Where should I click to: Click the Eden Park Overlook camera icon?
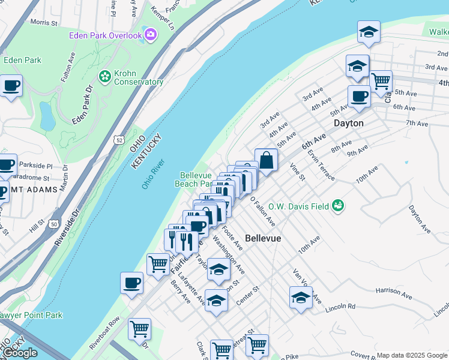click(151, 35)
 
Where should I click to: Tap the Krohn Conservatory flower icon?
click(105, 76)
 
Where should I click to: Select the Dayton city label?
click(349, 123)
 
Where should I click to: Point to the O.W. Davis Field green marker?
click(339, 206)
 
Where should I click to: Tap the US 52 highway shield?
click(119, 139)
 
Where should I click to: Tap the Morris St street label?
click(43, 22)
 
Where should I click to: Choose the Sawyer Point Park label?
click(30, 315)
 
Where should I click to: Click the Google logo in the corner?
click(19, 353)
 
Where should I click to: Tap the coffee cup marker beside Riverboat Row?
click(131, 283)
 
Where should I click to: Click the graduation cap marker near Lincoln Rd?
click(301, 297)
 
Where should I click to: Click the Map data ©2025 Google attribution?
click(411, 355)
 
